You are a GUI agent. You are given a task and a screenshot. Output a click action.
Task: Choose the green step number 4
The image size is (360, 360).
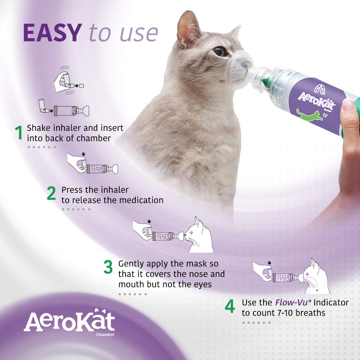click(230, 307)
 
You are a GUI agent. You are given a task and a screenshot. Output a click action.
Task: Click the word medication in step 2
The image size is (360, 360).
click(140, 200)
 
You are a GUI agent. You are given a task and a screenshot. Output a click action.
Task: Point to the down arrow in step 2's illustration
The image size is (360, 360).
click(84, 154)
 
